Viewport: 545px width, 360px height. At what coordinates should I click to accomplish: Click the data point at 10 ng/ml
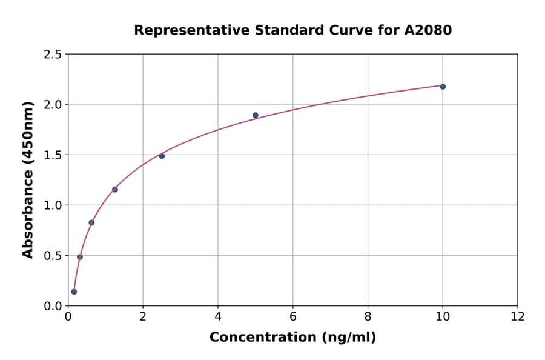443,87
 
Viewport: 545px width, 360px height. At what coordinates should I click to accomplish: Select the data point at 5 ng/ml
256,115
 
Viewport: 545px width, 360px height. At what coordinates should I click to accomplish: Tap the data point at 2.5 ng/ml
162,156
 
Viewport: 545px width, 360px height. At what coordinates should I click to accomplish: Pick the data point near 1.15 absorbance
115,190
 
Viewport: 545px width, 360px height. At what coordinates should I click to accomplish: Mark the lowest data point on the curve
74,292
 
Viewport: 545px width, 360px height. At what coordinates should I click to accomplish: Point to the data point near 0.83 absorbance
91,222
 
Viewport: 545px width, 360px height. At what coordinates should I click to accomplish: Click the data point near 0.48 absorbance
80,257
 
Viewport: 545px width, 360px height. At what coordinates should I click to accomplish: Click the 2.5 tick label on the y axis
52,55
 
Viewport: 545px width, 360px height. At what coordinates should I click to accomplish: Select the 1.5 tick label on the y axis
52,155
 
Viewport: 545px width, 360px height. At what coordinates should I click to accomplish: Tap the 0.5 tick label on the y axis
52,256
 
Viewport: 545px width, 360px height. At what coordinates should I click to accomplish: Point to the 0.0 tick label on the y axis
52,306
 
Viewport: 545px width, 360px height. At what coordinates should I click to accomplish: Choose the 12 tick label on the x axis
518,316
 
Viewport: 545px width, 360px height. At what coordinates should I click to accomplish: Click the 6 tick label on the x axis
292,316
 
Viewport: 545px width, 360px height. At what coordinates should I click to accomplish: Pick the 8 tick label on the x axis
368,316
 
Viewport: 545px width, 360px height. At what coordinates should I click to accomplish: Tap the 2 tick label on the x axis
143,316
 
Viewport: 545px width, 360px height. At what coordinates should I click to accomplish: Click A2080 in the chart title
428,30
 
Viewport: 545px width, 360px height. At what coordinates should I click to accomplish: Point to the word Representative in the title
184,30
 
